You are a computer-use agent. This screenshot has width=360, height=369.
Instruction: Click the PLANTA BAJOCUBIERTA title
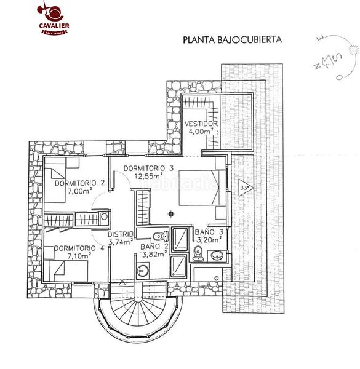pyautogui.click(x=231, y=40)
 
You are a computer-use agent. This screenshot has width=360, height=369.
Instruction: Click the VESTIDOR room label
pyautogui.click(x=201, y=124)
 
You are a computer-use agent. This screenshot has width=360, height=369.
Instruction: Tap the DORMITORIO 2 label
pyautogui.click(x=79, y=183)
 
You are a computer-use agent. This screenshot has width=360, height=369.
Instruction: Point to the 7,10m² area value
pyautogui.click(x=79, y=256)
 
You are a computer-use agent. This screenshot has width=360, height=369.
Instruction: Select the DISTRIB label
pyautogui.click(x=121, y=234)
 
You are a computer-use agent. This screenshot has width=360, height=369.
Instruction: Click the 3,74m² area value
pyautogui.click(x=121, y=242)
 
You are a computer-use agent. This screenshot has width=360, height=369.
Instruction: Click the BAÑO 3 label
pyautogui.click(x=209, y=233)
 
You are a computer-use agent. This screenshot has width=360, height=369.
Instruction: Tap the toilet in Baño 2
pyautogui.click(x=158, y=236)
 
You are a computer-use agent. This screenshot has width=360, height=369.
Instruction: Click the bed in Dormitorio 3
pyautogui.click(x=201, y=187)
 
